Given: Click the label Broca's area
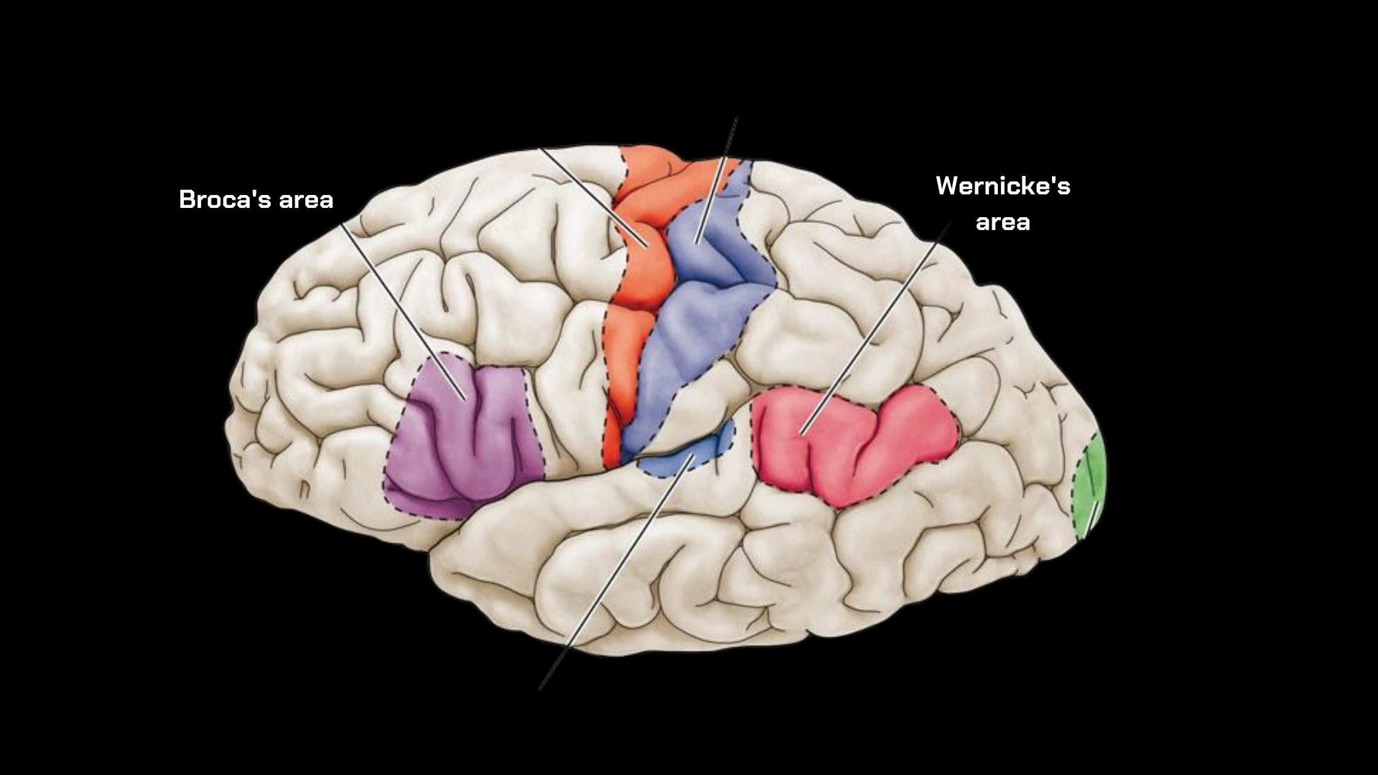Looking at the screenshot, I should (x=256, y=200).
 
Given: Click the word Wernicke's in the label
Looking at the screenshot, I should (x=1003, y=186).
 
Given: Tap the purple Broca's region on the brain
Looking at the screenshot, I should (x=468, y=443).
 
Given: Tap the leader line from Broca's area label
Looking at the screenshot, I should (x=400, y=308).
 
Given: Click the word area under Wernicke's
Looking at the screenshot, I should (x=1003, y=221).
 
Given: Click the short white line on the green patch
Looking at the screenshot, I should (x=1093, y=517).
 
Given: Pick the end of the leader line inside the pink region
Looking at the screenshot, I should (x=801, y=434).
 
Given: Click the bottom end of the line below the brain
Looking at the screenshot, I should (x=540, y=689).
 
